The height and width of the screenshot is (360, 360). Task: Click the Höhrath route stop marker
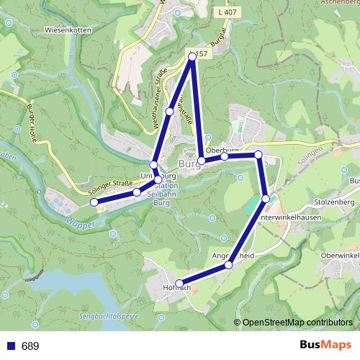coord(179,283)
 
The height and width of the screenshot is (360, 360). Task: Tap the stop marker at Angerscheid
coord(228,265)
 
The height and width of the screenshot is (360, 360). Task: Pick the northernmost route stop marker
coord(192,56)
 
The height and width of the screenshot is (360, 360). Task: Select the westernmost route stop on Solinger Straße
coord(94,202)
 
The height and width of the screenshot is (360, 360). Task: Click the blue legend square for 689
coord(10,346)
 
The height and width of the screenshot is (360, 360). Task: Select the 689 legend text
coord(30,346)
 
